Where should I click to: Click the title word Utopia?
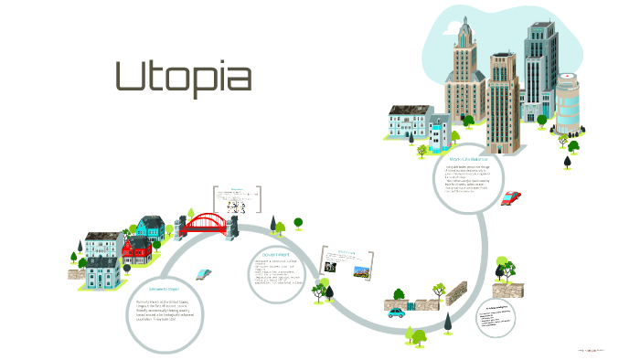pos(183,79)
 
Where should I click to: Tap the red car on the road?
pos(511,197)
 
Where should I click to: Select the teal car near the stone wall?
pos(396,311)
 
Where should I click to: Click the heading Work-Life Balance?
pos(468,160)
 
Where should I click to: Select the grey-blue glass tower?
pos(540,69)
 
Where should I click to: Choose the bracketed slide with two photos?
pos(348,262)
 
